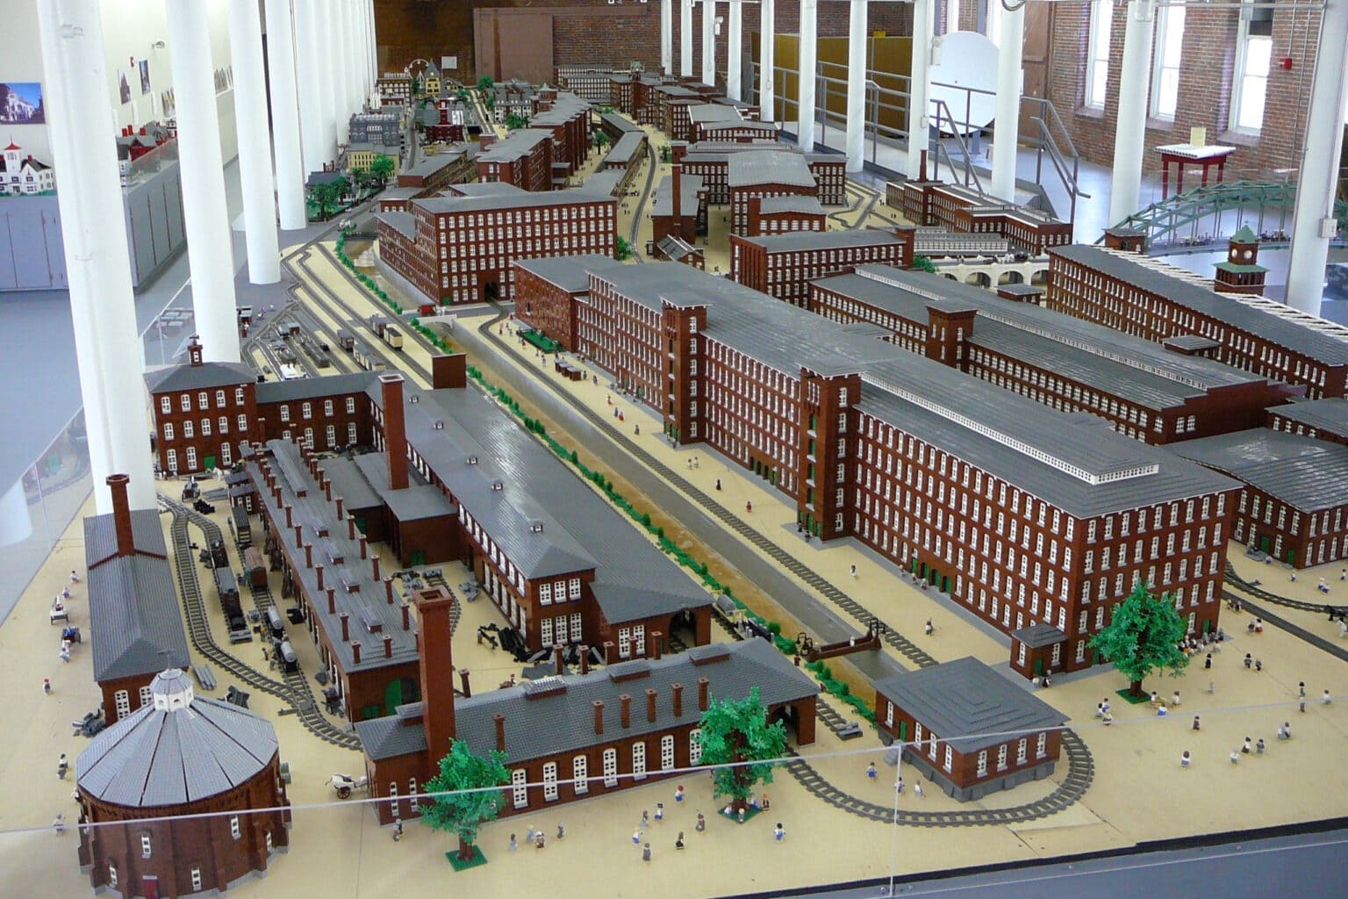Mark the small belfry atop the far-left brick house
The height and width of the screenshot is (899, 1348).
195,351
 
